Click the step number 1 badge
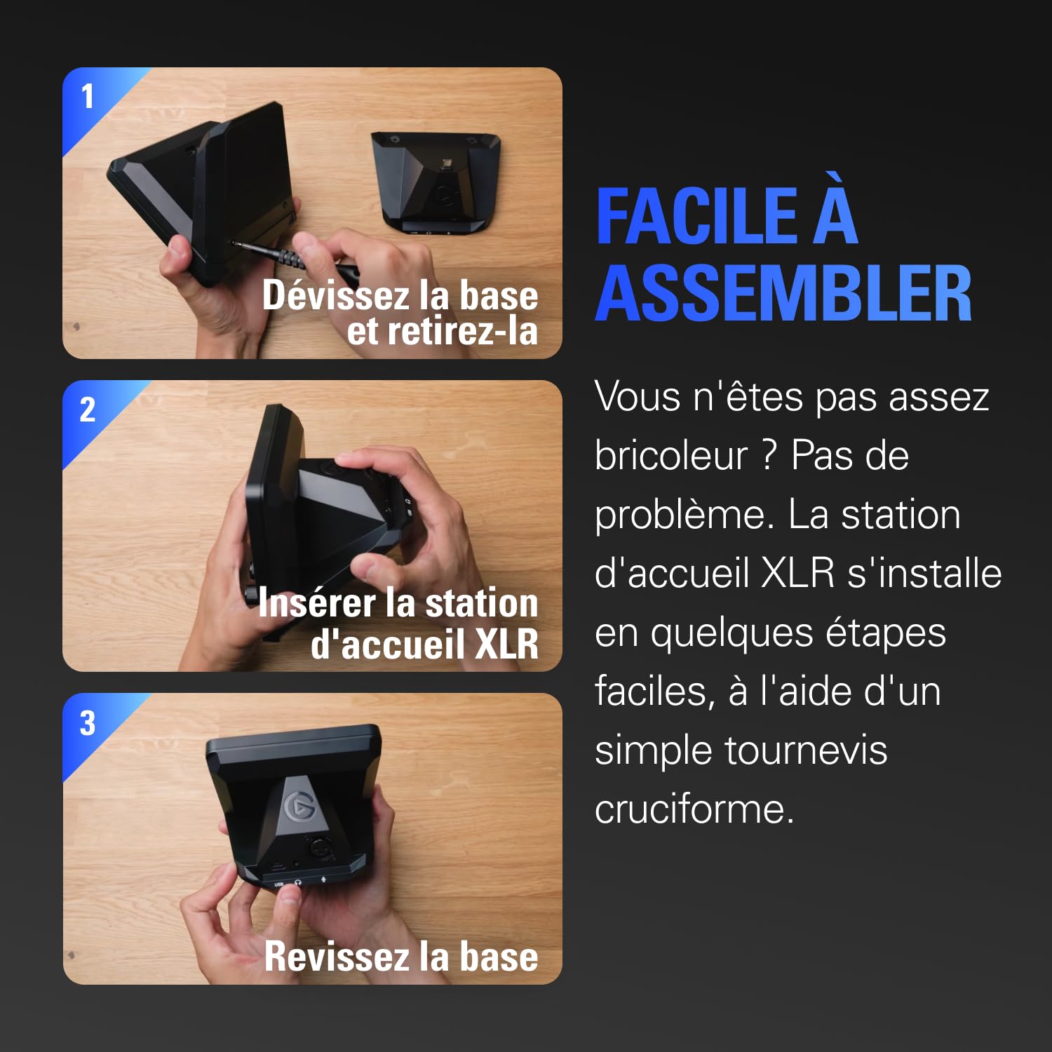click(x=88, y=97)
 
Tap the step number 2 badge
click(x=88, y=410)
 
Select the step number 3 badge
click(x=88, y=724)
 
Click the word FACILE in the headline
click(x=697, y=217)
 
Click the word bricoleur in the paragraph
click(x=671, y=456)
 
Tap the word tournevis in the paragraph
click(x=806, y=750)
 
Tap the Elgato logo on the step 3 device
click(x=299, y=806)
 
